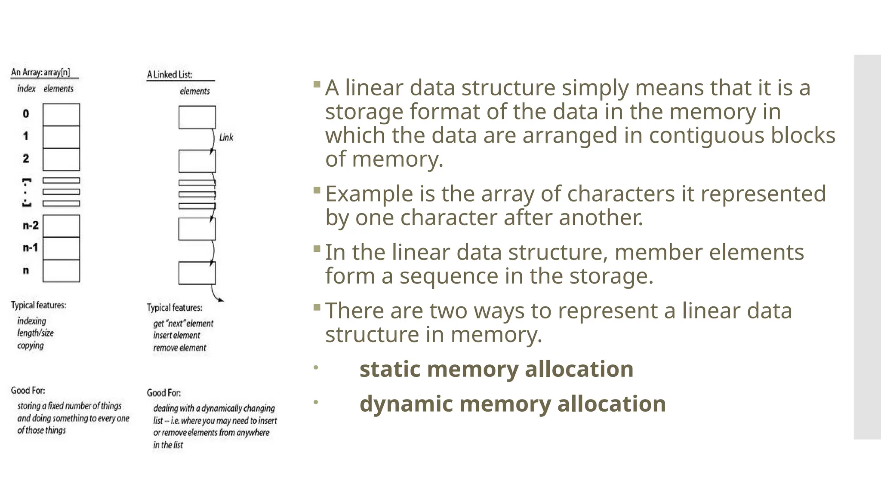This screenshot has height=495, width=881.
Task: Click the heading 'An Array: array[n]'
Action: tap(40, 72)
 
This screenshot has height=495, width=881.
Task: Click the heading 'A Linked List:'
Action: tap(169, 75)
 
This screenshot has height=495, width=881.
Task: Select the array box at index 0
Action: tap(61, 114)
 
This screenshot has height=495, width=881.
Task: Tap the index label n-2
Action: tap(31, 226)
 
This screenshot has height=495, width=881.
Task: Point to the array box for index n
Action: tap(61, 271)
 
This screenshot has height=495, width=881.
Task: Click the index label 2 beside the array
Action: tap(26, 159)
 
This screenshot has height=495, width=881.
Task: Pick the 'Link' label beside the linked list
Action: tap(226, 137)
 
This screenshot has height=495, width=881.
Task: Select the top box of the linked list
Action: tap(197, 117)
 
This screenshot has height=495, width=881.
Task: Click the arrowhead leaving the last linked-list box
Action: tap(220, 299)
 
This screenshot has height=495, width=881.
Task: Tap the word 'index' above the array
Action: tap(26, 89)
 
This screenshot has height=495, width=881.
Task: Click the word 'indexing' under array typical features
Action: tap(31, 321)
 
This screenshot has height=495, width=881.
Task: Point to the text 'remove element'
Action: tap(180, 348)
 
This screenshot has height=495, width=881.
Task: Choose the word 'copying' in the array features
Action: tap(31, 345)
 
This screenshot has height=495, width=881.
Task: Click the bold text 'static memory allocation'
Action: tap(496, 369)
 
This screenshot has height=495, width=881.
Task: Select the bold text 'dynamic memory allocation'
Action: tap(513, 404)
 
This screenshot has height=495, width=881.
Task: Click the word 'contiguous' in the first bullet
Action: tap(706, 135)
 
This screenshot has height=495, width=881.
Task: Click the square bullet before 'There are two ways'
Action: tap(317, 307)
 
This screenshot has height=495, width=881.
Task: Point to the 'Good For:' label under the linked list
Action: tap(163, 393)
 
